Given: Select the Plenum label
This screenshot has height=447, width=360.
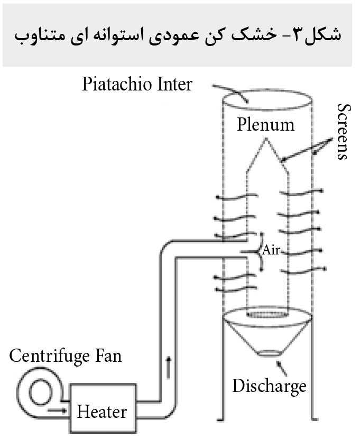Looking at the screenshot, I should (265, 124).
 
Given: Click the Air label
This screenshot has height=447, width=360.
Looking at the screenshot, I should (271, 250).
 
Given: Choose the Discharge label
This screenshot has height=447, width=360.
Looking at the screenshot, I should (269, 385).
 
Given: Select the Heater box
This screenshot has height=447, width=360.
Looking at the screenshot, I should (101, 411).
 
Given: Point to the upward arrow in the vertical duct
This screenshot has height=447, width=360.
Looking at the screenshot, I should (169, 367).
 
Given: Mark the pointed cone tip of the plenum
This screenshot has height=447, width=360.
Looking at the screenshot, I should (266, 140).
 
